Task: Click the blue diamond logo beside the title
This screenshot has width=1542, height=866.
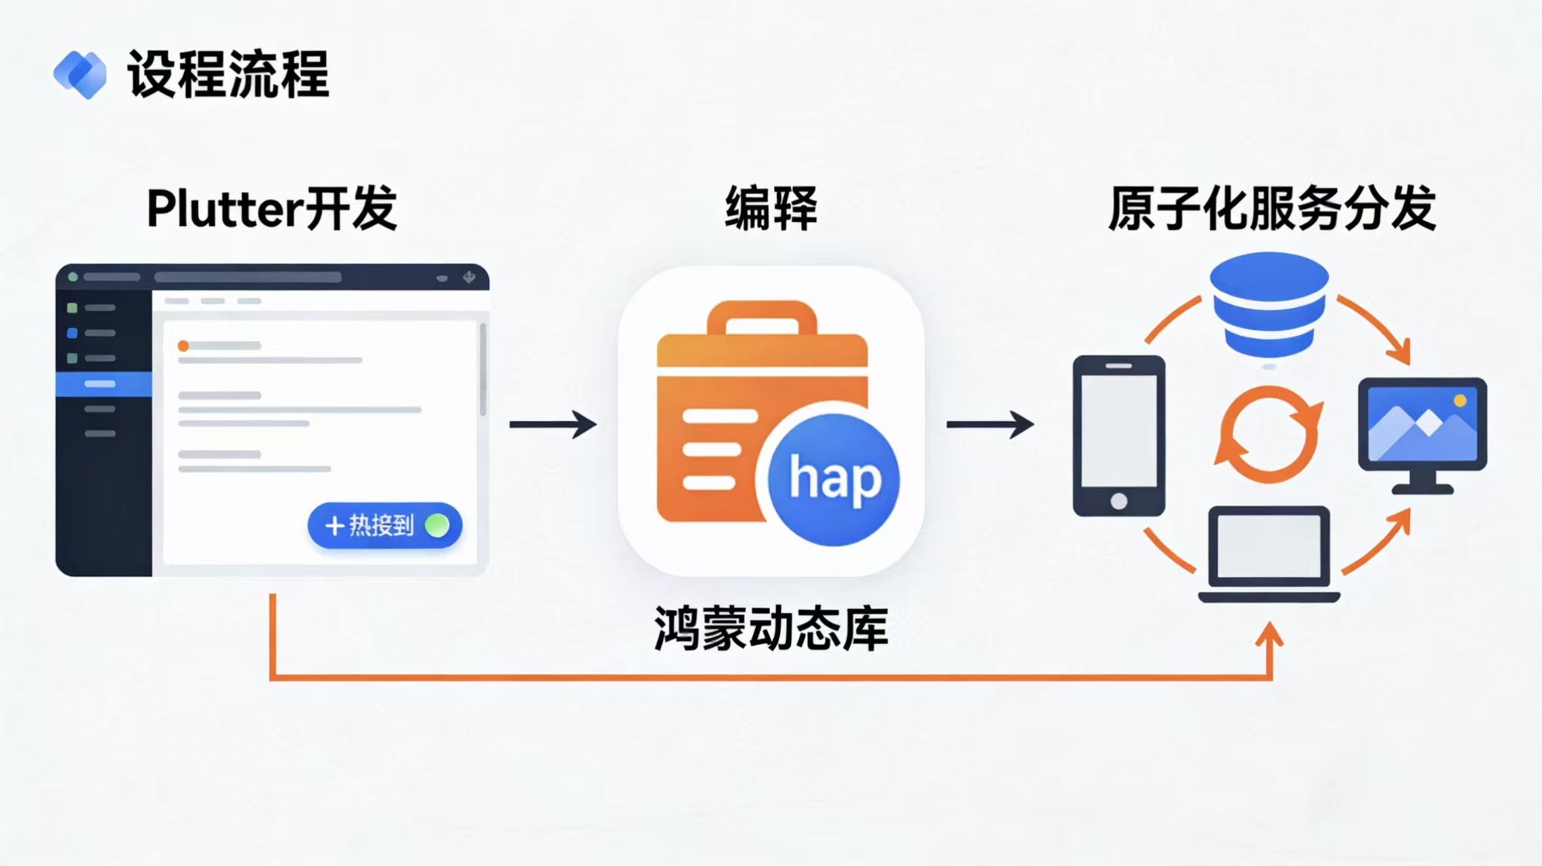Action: (x=80, y=74)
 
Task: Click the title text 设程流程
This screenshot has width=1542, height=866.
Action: (x=229, y=74)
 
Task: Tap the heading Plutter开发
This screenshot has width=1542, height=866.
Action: (x=271, y=208)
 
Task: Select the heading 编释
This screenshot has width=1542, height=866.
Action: (x=771, y=208)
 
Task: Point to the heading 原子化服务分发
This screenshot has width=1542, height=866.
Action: (x=1271, y=208)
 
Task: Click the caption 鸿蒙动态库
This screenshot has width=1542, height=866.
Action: (x=771, y=629)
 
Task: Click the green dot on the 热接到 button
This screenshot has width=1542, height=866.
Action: (x=437, y=525)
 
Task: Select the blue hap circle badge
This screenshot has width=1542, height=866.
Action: (x=834, y=480)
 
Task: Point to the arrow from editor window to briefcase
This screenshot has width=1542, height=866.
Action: (x=553, y=424)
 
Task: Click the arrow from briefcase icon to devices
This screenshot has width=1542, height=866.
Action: (x=989, y=424)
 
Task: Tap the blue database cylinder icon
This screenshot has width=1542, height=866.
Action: (x=1269, y=304)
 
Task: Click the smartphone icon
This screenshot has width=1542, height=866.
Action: (x=1118, y=436)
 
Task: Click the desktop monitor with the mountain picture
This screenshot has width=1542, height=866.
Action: (x=1422, y=433)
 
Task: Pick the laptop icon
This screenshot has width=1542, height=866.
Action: (x=1269, y=553)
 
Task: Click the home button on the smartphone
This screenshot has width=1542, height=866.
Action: (x=1118, y=501)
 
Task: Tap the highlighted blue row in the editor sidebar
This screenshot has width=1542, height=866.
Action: (x=104, y=384)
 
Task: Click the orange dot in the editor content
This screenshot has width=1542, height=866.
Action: (x=183, y=346)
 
